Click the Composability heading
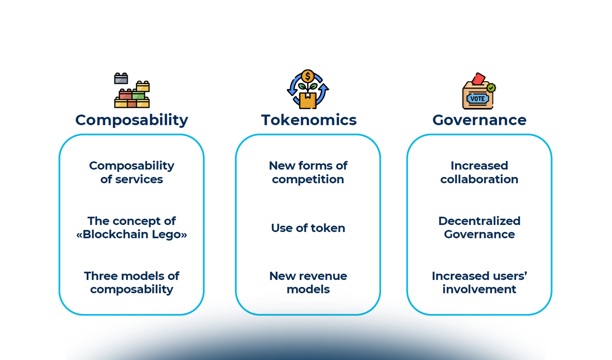tap(131, 120)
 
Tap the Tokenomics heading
tap(309, 120)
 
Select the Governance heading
tap(479, 120)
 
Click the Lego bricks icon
tap(132, 91)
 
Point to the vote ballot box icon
tap(478, 91)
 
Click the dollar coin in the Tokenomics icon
tap(308, 76)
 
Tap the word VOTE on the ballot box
tap(477, 99)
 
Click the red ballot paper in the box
tap(478, 79)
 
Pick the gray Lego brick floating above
tap(121, 79)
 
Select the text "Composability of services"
tap(131, 172)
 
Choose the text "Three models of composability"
tap(131, 283)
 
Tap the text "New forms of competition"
tap(308, 172)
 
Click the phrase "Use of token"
tap(308, 228)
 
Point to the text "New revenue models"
tap(308, 283)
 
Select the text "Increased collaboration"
tap(479, 172)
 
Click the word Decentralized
tap(479, 221)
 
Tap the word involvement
tap(479, 289)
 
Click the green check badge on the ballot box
tap(491, 88)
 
